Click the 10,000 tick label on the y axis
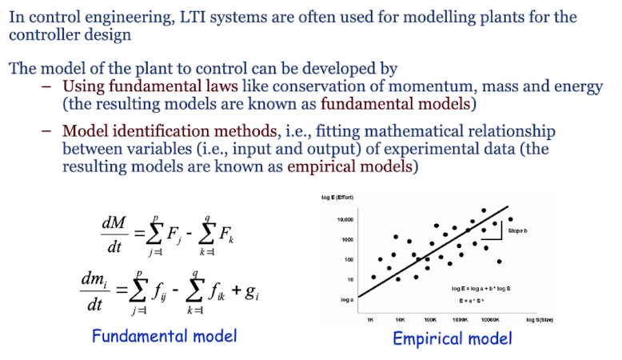pos(345,218)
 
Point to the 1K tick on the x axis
pos(370,318)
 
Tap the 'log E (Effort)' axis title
pos(337,197)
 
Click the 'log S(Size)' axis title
pos(540,318)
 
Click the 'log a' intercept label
pos(345,300)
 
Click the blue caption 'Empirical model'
pos(452,338)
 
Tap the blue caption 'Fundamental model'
pos(165,335)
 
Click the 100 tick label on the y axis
pos(349,259)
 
